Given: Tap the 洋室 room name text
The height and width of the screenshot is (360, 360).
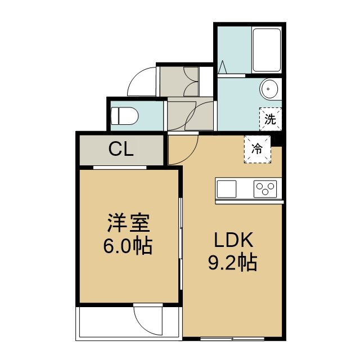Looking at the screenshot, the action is point(129,223).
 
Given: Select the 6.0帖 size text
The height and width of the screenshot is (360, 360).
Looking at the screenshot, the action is point(128,245).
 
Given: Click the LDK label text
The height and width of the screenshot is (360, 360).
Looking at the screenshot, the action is point(234,240).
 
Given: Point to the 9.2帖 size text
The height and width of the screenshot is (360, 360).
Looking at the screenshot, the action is point(232,262).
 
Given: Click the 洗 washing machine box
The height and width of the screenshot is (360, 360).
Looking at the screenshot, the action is point(271,119).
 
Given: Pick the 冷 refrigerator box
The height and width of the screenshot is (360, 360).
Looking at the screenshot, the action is point(258,149).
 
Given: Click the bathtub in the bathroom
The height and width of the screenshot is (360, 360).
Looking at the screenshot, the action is point(267,50).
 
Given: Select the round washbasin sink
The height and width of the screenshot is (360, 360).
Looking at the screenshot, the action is point(269,89).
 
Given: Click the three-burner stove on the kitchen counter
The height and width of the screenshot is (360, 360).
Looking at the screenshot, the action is point(265,189).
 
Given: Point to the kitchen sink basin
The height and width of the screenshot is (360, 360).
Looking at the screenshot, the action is point(227,189).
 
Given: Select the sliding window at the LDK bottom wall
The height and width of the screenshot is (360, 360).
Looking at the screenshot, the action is point(232,339).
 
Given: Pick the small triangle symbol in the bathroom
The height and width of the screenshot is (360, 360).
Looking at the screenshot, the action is point(223,67).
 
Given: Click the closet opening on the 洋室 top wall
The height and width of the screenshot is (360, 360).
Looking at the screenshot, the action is point(120,168).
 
